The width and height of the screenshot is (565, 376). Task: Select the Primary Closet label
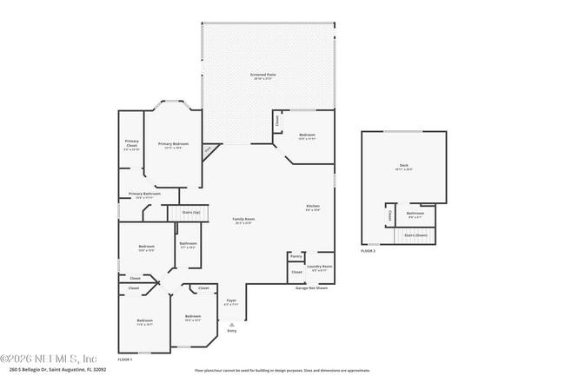131,143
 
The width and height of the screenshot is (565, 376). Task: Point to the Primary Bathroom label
144,195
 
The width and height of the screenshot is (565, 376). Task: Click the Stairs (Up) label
190,211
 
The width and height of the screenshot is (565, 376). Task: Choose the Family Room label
243,221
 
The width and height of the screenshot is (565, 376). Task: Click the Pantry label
296,256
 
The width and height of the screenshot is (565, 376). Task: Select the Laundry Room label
320,267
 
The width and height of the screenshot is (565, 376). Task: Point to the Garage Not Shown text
311,287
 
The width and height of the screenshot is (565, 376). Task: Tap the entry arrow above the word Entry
231,324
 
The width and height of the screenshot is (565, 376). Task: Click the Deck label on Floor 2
403,166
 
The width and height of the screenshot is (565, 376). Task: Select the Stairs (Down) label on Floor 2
416,234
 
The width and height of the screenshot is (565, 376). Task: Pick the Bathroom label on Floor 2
415,214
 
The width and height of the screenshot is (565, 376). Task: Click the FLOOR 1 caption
125,359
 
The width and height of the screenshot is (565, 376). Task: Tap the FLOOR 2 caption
369,251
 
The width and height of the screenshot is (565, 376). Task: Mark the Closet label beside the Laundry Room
296,272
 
